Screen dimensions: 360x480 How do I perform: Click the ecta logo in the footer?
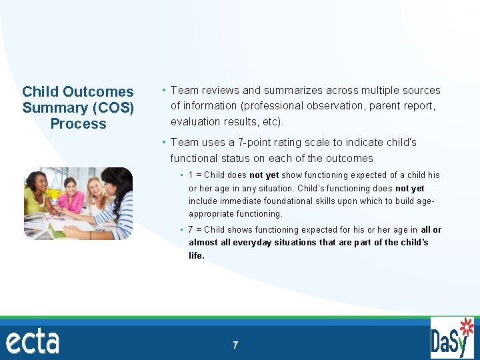tap(33, 341)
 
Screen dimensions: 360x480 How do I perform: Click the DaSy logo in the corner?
tap(453, 338)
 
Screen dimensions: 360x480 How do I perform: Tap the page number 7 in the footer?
tap(235, 345)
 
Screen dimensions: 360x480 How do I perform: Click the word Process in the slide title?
tap(78, 124)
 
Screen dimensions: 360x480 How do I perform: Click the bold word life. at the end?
tap(197, 255)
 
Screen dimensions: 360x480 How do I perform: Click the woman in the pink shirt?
tap(70, 196)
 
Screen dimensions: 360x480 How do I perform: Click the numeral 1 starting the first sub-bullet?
tap(191, 175)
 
